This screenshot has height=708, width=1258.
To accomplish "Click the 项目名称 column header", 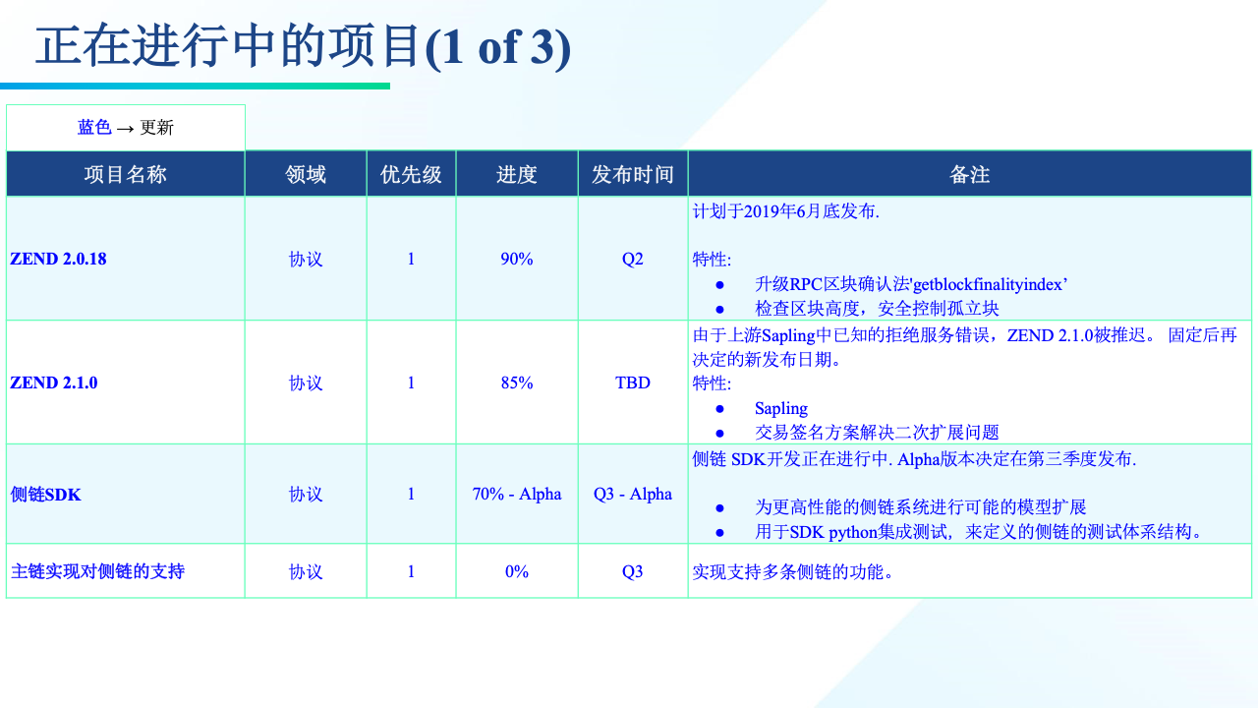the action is [x=125, y=174].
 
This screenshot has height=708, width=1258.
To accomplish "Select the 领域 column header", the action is [x=306, y=174].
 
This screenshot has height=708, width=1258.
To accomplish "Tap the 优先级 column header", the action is [x=411, y=174].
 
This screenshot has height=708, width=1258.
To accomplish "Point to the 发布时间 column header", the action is [x=632, y=174].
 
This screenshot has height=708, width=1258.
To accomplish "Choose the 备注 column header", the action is [x=969, y=174].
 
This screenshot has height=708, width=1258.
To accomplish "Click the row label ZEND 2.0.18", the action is [x=58, y=259].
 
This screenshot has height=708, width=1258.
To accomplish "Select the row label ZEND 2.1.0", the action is [x=54, y=383].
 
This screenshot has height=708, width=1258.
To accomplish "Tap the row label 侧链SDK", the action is [x=45, y=495].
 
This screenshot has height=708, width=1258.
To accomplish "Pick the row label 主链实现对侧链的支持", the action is [x=97, y=571].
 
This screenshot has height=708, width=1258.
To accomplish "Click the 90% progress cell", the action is [x=517, y=259].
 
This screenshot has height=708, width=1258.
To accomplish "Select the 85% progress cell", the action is [x=517, y=383].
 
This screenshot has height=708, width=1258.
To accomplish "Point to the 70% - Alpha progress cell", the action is [x=517, y=494].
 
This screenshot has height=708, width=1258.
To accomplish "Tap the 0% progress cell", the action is [x=517, y=571].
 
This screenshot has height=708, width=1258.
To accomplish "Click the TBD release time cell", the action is [x=632, y=383].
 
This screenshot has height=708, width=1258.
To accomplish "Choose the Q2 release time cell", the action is [x=632, y=259].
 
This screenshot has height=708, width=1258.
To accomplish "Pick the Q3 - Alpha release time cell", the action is [x=632, y=494].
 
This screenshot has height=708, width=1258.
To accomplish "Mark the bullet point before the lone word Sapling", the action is [x=720, y=408].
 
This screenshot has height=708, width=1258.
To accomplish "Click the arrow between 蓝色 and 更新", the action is [x=125, y=129].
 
